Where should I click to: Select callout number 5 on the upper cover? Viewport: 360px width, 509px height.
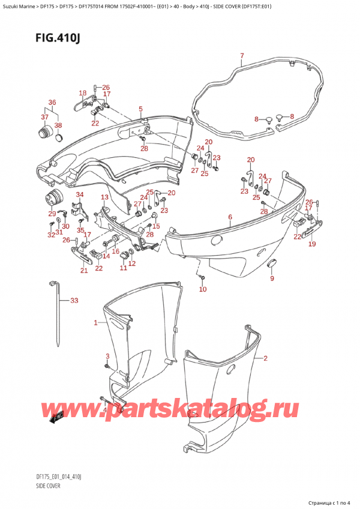pyautogui.click(x=140, y=109)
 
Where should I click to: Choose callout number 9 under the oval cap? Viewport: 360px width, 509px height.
pyautogui.click(x=271, y=278)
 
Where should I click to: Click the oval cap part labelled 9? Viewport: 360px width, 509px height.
pyautogui.click(x=271, y=263)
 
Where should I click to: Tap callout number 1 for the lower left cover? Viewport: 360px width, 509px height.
pyautogui.click(x=95, y=323)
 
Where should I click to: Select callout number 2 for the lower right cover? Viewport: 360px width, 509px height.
pyautogui.click(x=265, y=358)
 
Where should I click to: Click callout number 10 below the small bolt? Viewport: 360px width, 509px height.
pyautogui.click(x=203, y=290)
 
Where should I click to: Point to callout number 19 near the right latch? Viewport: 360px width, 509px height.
pyautogui.click(x=311, y=244)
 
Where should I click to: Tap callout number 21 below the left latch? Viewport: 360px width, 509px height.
pyautogui.click(x=83, y=271)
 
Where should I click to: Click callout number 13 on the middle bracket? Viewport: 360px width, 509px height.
pyautogui.click(x=104, y=197)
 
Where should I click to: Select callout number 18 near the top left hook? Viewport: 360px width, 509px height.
pyautogui.click(x=83, y=92)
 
